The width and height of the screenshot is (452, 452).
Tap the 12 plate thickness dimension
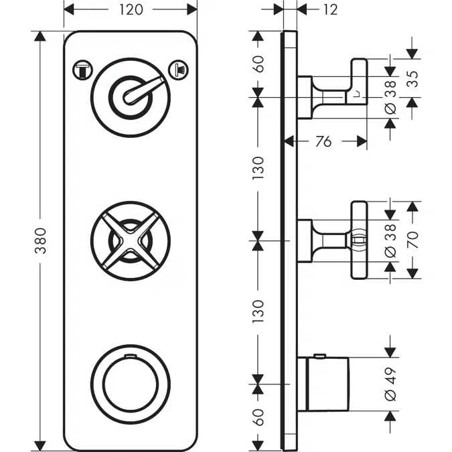pos(329,9)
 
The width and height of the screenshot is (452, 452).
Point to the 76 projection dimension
pos(323,141)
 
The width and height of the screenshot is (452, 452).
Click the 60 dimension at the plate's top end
pos(258,64)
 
